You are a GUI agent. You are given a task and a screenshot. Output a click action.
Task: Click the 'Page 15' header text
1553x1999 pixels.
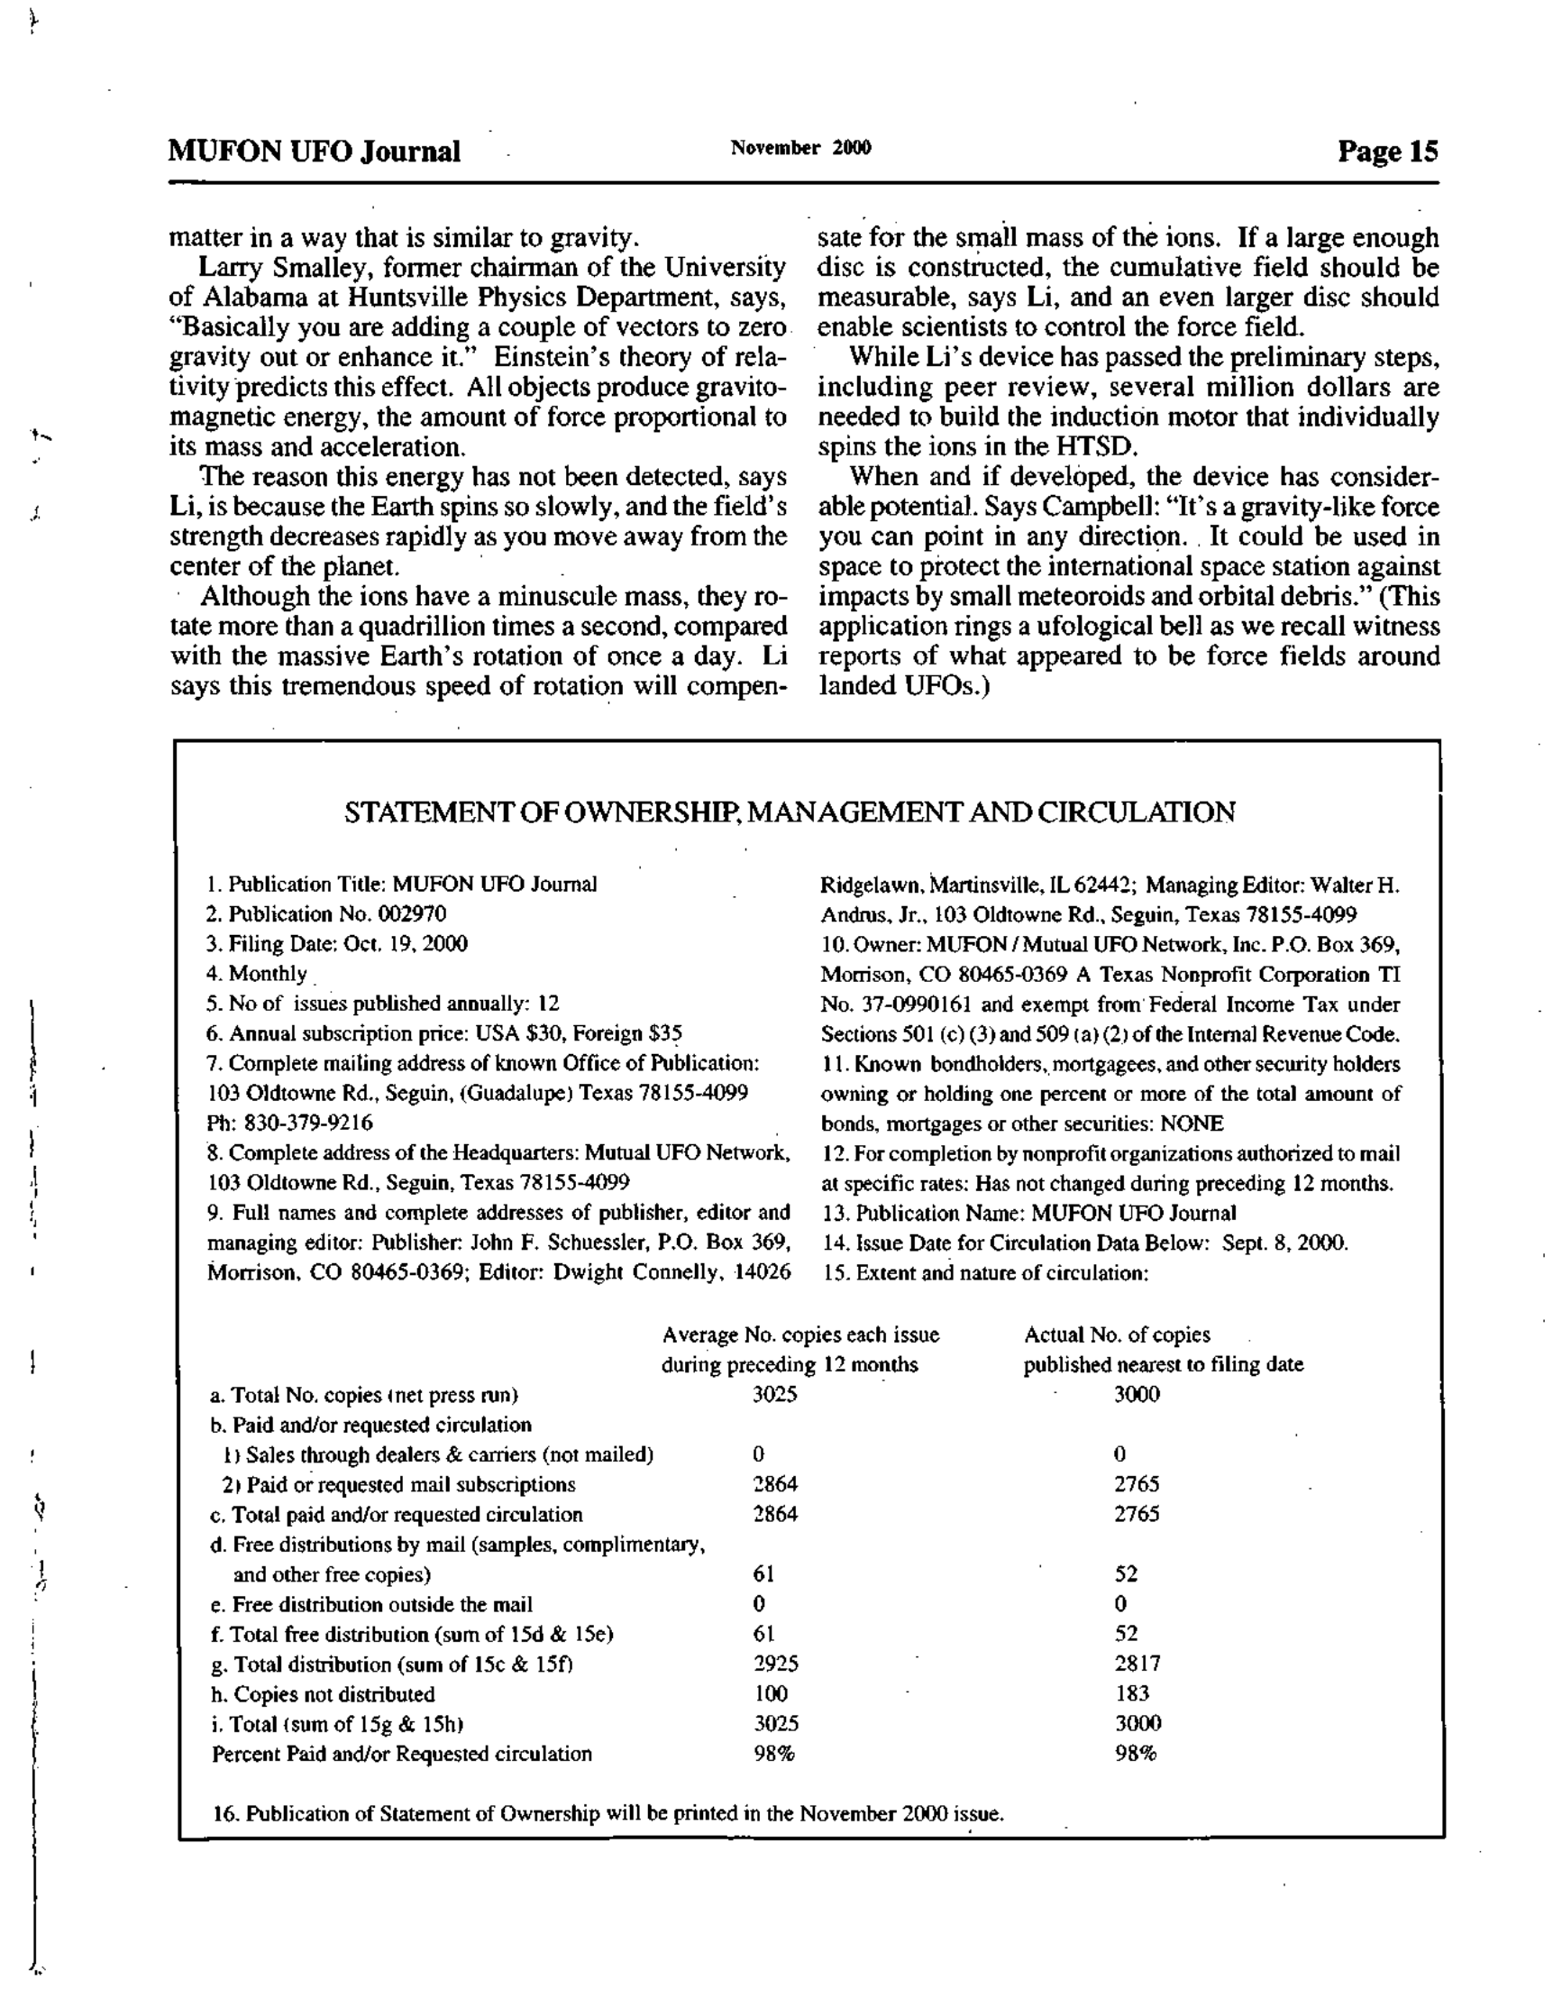click(1387, 151)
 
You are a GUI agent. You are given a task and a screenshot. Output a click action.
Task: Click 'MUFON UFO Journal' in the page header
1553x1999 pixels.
click(314, 151)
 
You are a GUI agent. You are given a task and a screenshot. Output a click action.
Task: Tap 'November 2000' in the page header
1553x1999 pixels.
click(800, 147)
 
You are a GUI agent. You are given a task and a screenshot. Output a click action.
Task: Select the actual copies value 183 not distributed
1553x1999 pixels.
click(1132, 1693)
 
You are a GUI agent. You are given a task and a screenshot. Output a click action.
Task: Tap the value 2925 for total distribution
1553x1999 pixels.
click(775, 1663)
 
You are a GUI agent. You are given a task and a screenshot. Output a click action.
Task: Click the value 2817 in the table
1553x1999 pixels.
click(1137, 1663)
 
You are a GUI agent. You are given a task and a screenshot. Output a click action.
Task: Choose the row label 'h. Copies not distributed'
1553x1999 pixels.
click(323, 1694)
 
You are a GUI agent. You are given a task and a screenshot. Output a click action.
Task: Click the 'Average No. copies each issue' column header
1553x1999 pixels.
click(799, 1334)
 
